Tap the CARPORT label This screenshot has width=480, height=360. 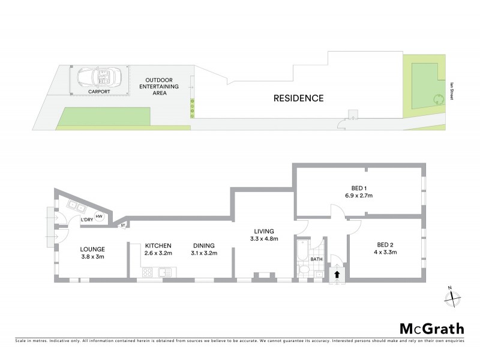(x=100, y=92)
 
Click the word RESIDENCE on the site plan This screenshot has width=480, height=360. (x=299, y=98)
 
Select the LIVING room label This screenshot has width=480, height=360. (x=263, y=231)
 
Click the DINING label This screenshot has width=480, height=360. (x=204, y=245)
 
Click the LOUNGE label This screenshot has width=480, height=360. (x=94, y=250)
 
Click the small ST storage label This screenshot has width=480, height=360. (x=123, y=226)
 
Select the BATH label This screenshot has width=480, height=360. (x=317, y=260)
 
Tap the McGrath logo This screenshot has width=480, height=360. (x=432, y=328)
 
